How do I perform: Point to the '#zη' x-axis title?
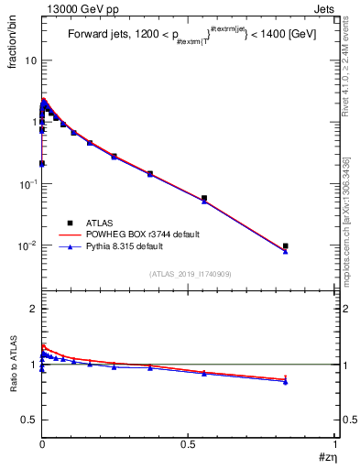pyautogui.click(x=326, y=457)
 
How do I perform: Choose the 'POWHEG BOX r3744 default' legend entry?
pyautogui.click(x=143, y=234)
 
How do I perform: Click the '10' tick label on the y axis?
pyautogui.click(x=30, y=60)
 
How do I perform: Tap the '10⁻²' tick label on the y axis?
pyautogui.click(x=27, y=245)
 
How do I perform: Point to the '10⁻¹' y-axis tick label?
pyautogui.click(x=27, y=183)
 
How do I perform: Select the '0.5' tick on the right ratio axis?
pyautogui.click(x=346, y=420)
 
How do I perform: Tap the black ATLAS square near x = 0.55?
pyautogui.click(x=204, y=198)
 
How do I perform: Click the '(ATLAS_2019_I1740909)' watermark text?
pyautogui.click(x=189, y=274)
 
